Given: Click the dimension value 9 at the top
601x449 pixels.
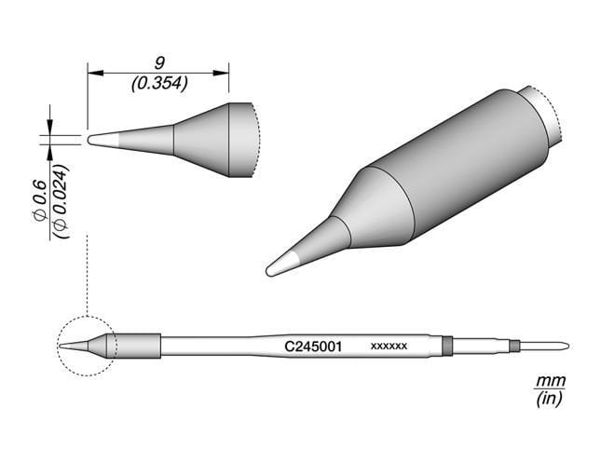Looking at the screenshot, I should coord(159,62).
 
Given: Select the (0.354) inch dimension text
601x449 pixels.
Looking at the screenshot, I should coord(159,82).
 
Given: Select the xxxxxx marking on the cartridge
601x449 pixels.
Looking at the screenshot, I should coord(389,347).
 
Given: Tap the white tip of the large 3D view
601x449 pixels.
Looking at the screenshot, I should coord(282,264).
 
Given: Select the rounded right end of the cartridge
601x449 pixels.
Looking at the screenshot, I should coord(561,347).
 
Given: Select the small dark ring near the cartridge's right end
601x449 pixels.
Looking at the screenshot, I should coord(513,347).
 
